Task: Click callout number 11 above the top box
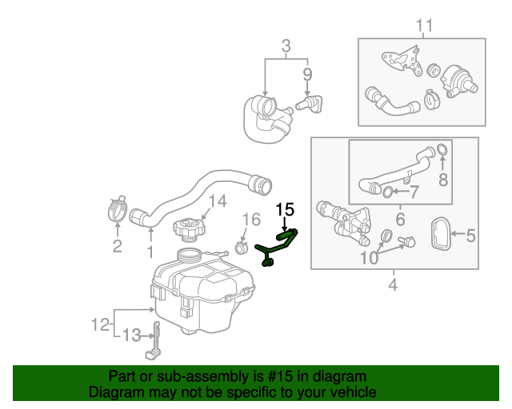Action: click(423, 26)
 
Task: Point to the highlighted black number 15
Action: click(286, 210)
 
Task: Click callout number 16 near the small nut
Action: click(250, 219)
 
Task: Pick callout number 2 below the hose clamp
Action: click(117, 246)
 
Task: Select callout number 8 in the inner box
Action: click(442, 180)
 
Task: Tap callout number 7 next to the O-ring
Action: click(414, 192)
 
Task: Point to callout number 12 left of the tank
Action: click(100, 324)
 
